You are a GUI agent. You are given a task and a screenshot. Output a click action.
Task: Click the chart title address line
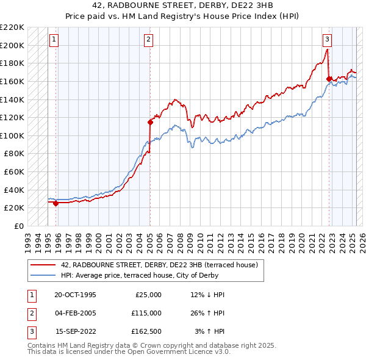pyautogui.click(x=182, y=5)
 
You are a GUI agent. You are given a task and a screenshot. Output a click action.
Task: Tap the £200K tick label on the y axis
pyautogui.click(x=12, y=45)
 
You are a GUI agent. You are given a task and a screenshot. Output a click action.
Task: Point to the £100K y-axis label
pyautogui.click(x=12, y=135)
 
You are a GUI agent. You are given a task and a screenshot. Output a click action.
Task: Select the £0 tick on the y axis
pyautogui.click(x=18, y=226)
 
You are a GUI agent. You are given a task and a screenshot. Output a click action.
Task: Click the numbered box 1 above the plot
pyautogui.click(x=54, y=40)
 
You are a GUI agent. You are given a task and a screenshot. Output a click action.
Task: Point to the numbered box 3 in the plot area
pyautogui.click(x=327, y=40)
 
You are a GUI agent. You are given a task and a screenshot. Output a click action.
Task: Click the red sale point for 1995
pyautogui.click(x=56, y=203)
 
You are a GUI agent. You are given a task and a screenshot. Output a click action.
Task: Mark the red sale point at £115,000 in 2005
pyautogui.click(x=150, y=122)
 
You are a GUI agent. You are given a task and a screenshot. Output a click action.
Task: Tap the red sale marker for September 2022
pyautogui.click(x=329, y=79)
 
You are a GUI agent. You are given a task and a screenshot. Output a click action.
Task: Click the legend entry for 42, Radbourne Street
pyautogui.click(x=159, y=265)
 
